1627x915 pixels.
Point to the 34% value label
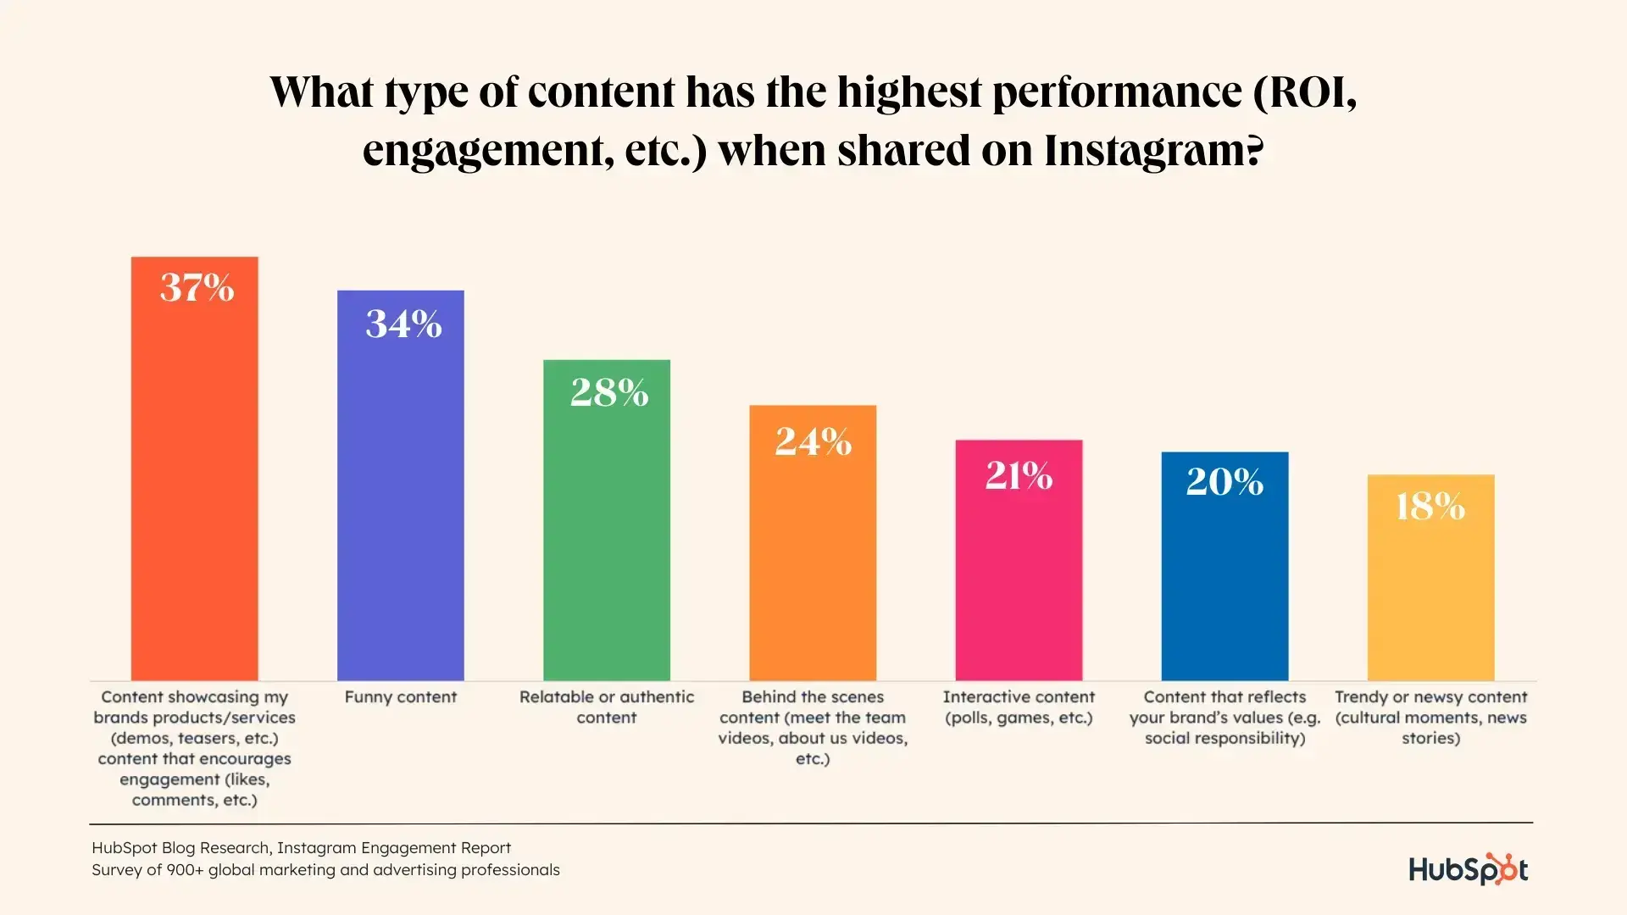403,324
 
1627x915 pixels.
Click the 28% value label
609,392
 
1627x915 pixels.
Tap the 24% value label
813,441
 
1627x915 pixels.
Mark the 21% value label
1019,475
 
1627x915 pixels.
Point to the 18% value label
1430,507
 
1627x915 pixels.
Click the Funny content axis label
400,697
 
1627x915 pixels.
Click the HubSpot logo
1468,869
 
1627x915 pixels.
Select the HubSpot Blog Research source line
301,848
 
